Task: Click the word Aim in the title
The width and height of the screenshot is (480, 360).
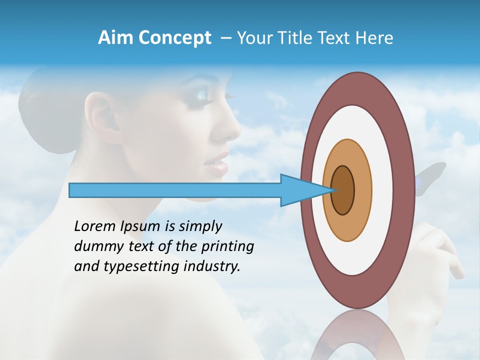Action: [x=116, y=38]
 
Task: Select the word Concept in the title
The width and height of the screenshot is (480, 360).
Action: [x=174, y=38]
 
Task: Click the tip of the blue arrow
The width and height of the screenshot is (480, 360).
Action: [x=332, y=190]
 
